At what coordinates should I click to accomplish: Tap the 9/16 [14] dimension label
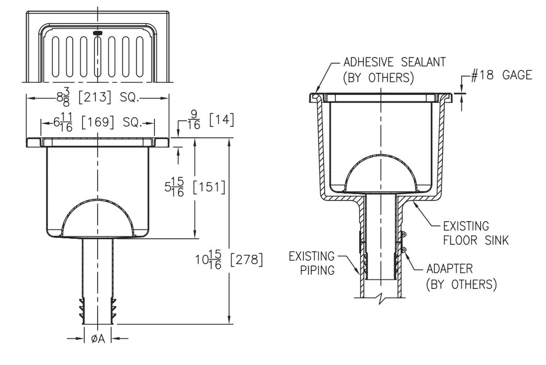pyautogui.click(x=210, y=120)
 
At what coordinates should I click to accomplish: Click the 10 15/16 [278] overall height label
pyautogui.click(x=229, y=260)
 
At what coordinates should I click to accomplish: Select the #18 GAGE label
pyautogui.click(x=502, y=75)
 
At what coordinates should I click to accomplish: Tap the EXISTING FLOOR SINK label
pyautogui.click(x=476, y=233)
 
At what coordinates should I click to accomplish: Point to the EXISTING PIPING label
pyautogui.click(x=312, y=263)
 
